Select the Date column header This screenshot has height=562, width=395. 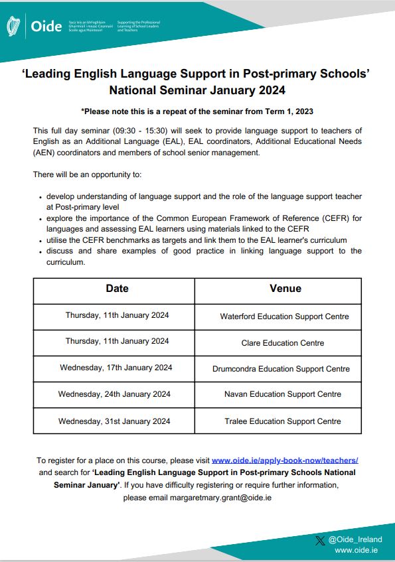click(x=117, y=289)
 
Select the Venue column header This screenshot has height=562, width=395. click(x=285, y=289)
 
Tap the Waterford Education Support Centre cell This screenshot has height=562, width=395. click(x=284, y=316)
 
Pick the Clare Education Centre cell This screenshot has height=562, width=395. click(x=283, y=343)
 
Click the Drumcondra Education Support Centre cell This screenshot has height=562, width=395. click(x=281, y=368)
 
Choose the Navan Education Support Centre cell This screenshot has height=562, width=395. click(x=283, y=394)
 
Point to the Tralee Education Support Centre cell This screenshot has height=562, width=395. click(x=283, y=421)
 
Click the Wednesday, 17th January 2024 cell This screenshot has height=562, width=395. click(x=116, y=368)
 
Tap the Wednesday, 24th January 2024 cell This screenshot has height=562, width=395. click(x=114, y=394)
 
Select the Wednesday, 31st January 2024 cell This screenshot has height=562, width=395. click(x=114, y=421)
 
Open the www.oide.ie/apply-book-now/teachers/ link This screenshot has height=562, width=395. click(x=285, y=460)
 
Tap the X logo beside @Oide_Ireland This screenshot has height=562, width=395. click(x=320, y=539)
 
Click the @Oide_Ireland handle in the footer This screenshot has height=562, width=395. click(x=355, y=539)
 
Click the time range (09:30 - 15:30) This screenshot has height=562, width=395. click(x=126, y=129)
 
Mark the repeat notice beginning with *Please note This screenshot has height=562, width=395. click(x=197, y=111)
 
